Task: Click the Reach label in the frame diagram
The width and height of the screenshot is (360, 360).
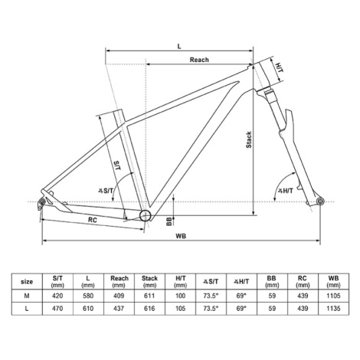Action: click(x=199, y=60)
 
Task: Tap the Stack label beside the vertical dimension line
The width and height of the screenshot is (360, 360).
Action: click(x=248, y=139)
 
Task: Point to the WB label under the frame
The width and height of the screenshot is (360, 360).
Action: click(x=181, y=236)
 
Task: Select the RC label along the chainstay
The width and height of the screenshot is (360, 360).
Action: click(x=93, y=220)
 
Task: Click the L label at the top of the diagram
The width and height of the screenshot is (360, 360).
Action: click(x=179, y=46)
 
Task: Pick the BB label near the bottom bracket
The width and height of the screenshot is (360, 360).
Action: click(x=169, y=221)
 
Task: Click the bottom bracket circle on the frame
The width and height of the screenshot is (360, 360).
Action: click(x=146, y=215)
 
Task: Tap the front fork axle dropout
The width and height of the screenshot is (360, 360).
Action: click(x=319, y=201)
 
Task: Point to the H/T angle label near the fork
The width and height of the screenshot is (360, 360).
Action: click(x=285, y=191)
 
